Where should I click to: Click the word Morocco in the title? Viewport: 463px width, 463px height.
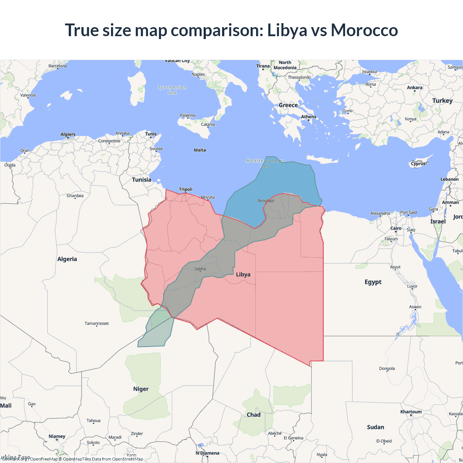pos(364,30)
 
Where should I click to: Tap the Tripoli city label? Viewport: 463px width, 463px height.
pos(186,189)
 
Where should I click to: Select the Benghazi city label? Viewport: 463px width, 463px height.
pos(266,200)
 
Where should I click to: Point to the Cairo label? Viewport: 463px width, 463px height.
pos(396,228)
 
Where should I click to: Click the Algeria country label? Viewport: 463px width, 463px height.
pos(67,259)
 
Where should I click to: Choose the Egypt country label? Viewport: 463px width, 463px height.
pos(373,282)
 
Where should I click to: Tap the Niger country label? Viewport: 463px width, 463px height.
pos(141,389)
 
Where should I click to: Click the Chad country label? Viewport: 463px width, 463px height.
pos(254,415)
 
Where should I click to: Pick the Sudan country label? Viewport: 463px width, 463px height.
pos(375,427)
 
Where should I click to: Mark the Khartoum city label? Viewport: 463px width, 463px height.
pos(411,412)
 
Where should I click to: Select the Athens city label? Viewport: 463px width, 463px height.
pos(309,116)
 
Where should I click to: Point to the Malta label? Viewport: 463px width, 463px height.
pos(200,150)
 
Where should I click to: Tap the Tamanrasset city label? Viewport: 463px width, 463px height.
pos(97,323)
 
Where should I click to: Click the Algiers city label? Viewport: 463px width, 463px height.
pos(68,134)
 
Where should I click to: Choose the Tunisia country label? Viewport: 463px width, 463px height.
pos(141,179)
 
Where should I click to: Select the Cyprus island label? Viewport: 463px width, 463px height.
pos(419,163)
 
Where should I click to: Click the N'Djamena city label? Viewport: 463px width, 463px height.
pos(208,453)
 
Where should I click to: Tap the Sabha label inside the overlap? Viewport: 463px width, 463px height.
pos(200,269)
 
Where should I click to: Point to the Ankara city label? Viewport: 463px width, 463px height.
pos(415,88)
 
